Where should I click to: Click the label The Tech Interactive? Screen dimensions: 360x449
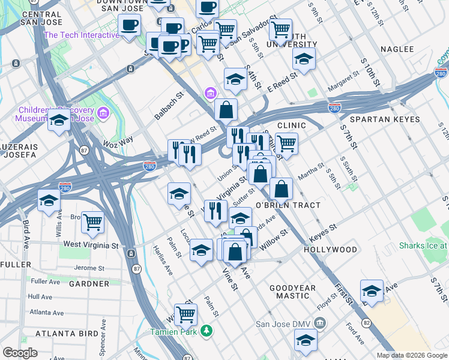click(82, 35)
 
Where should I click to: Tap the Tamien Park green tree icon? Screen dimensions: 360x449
click(206, 331)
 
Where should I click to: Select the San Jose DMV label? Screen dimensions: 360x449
click(283, 325)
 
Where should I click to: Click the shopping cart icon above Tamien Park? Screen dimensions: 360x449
click(186, 313)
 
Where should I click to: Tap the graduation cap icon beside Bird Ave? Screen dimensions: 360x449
click(49, 201)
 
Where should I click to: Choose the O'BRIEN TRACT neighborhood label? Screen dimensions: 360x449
click(288, 205)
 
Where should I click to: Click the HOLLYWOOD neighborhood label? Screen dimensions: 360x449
click(330, 249)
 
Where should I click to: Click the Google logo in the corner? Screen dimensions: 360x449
click(20, 353)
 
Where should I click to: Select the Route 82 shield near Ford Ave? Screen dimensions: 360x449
click(366, 323)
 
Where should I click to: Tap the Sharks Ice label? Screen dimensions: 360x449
click(424, 246)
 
